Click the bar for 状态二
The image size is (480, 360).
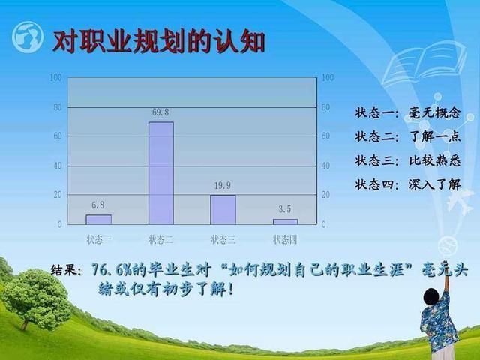point(161,173)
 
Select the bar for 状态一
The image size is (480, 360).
point(98,220)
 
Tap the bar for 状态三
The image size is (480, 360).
point(223,210)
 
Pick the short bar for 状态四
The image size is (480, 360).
point(285,222)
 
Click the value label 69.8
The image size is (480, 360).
point(160,112)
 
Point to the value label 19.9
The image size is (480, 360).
point(223,185)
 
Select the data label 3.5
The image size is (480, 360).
point(285,209)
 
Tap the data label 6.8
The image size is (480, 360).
point(98,205)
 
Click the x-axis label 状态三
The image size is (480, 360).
point(223,239)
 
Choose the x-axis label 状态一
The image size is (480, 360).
point(99,239)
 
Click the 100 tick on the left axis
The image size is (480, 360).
point(55,77)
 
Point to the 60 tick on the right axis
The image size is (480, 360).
point(325,136)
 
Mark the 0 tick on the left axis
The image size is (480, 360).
point(60,224)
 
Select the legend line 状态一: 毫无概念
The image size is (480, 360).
point(408,113)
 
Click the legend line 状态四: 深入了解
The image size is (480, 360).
point(408,184)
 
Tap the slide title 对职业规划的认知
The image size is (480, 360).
point(158,42)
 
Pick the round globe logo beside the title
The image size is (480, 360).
point(28,37)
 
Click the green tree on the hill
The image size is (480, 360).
point(36,298)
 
